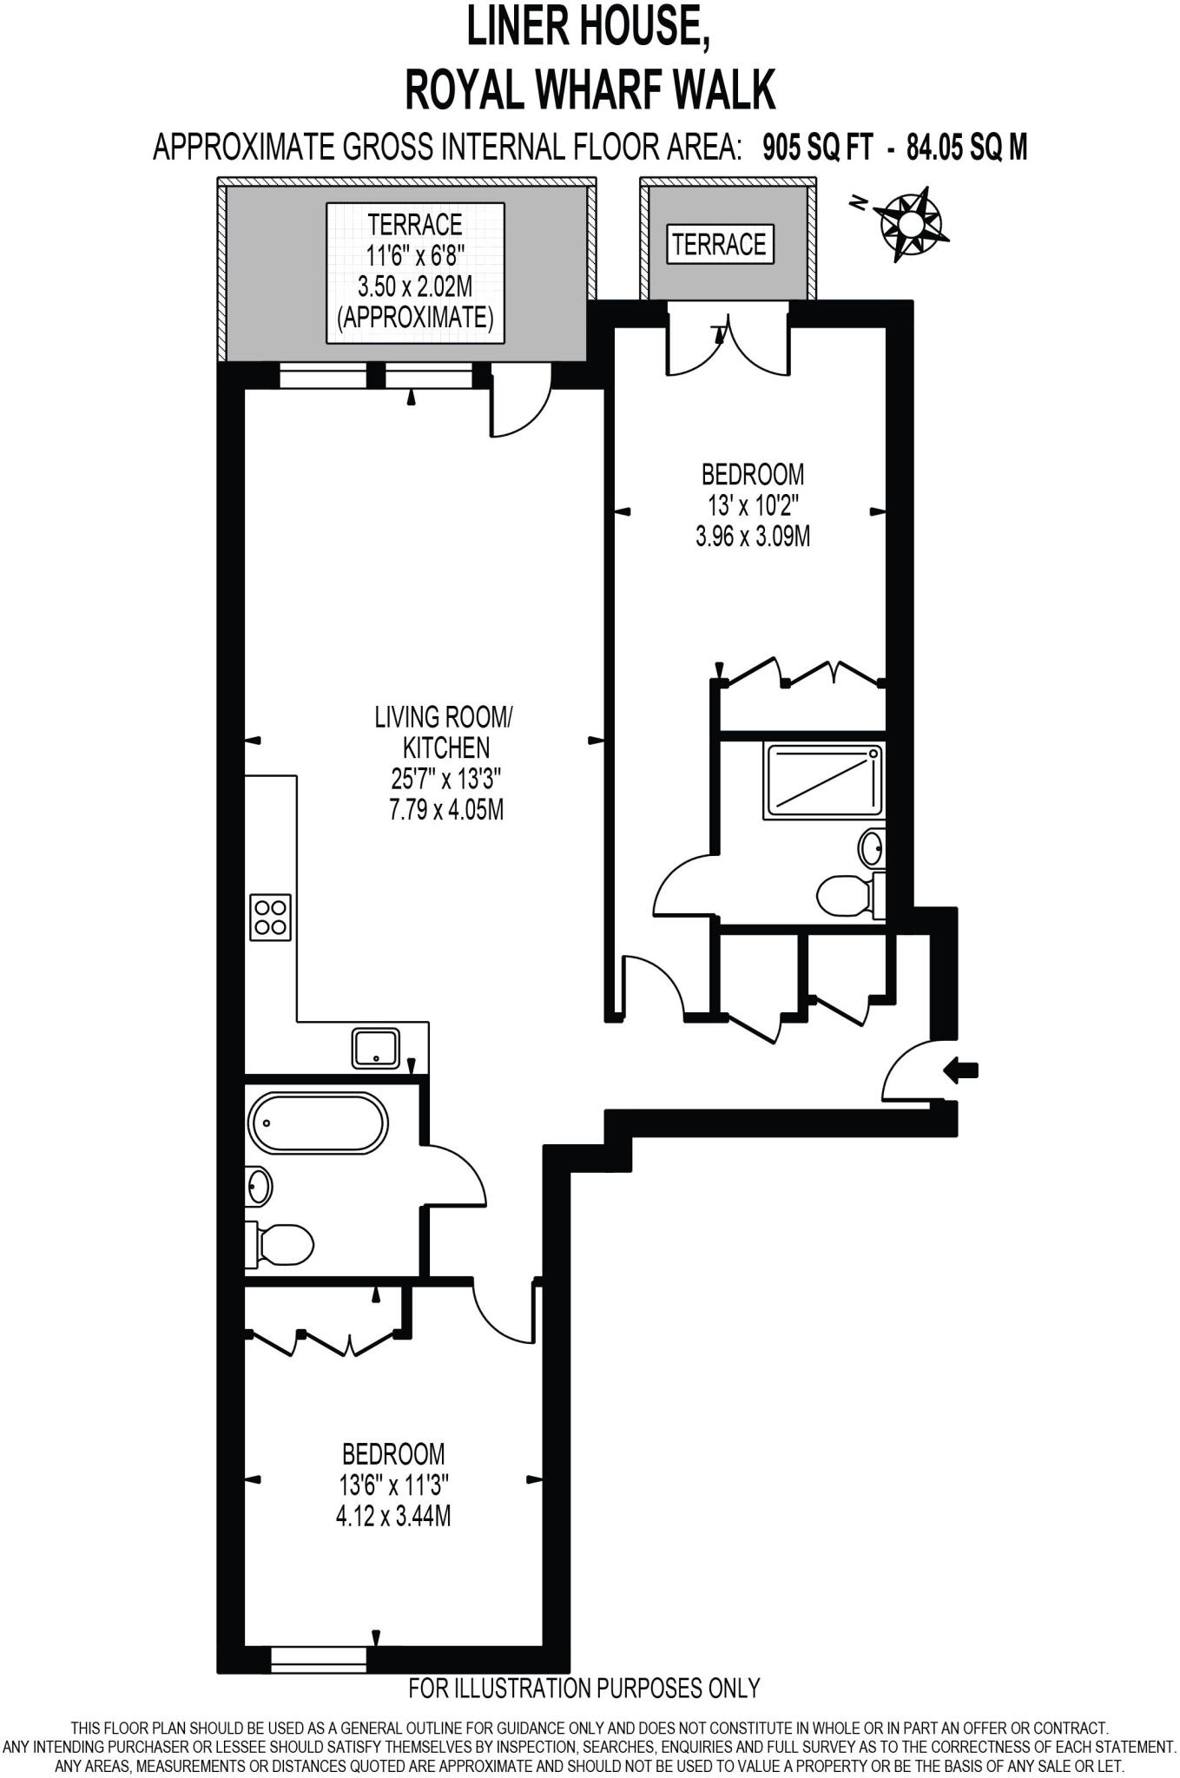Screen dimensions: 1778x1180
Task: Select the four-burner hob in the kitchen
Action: [270, 917]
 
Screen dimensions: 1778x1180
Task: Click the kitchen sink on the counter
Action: [376, 1048]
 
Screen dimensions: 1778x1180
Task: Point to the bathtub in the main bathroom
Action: [317, 1123]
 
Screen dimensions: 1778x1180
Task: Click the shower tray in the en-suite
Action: [823, 780]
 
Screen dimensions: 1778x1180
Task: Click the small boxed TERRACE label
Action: [719, 245]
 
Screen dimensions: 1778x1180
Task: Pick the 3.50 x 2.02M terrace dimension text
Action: [415, 286]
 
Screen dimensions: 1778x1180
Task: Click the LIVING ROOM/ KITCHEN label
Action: [445, 732]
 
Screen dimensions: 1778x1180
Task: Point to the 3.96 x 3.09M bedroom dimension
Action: [753, 537]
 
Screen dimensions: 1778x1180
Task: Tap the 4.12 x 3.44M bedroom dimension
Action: [393, 1516]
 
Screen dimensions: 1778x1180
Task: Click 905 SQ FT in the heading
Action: [817, 148]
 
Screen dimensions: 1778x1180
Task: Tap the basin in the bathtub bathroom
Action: [259, 1186]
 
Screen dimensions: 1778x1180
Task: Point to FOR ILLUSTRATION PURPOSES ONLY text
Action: [583, 1688]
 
